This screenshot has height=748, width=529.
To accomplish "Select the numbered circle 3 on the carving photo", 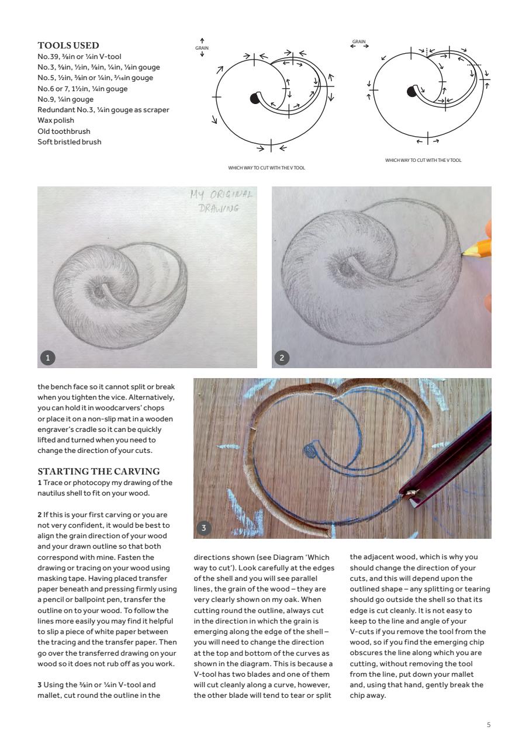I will (x=203, y=528).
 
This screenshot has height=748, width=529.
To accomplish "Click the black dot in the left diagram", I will (x=254, y=98).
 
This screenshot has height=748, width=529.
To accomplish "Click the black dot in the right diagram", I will (x=412, y=91).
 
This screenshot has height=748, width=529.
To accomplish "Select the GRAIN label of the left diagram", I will (x=202, y=47).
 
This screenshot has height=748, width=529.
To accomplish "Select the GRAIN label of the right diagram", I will (x=359, y=41).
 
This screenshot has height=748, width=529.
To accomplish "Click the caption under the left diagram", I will (x=267, y=168).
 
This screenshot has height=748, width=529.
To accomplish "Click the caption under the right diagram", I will (x=423, y=160).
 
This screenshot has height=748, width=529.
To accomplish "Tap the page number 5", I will (x=489, y=725).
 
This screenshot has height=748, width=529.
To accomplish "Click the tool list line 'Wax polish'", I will (x=56, y=120).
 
